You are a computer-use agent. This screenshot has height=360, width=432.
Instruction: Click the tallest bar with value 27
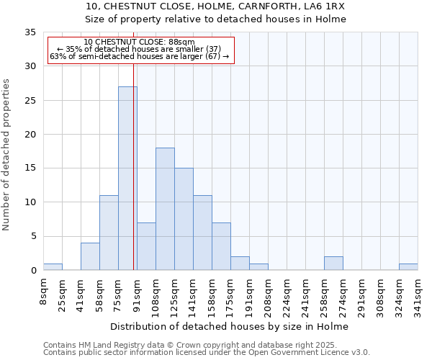(127, 179)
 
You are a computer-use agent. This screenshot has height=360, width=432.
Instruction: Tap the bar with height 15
(184, 219)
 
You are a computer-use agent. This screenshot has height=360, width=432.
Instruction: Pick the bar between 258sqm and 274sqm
(333, 264)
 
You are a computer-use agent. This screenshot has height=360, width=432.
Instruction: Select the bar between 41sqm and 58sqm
(90, 257)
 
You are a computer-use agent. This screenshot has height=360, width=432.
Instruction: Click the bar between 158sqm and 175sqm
(221, 246)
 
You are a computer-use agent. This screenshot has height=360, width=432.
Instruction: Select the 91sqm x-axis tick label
(137, 294)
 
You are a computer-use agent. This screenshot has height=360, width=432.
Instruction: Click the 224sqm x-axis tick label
(287, 294)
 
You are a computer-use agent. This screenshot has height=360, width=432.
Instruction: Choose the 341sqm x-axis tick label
(418, 294)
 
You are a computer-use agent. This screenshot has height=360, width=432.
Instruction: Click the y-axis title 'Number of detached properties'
(7, 155)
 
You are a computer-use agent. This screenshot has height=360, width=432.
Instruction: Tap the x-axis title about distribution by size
(230, 326)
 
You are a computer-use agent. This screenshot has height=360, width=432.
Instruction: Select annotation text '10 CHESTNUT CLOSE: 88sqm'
(139, 42)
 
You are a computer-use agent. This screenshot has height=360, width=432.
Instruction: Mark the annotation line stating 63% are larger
(139, 56)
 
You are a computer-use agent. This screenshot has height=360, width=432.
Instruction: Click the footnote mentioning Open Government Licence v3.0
(207, 352)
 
